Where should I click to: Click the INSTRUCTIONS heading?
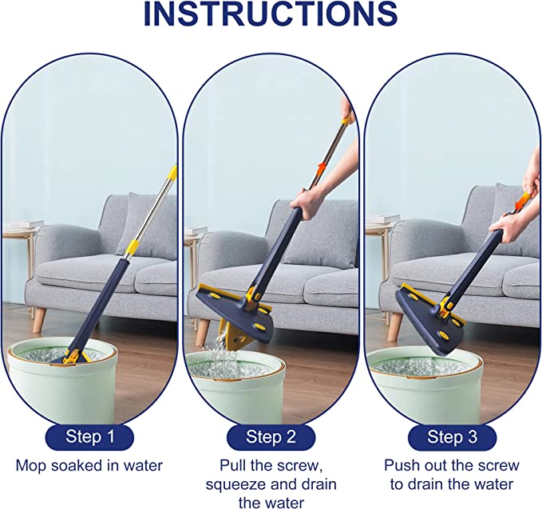[x=271, y=14]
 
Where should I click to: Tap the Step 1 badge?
[x=89, y=436]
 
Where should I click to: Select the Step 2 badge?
[x=271, y=437]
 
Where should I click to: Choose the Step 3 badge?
[x=452, y=437]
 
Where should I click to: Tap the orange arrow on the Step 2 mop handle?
[x=322, y=170]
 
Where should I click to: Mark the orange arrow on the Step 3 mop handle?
[x=520, y=203]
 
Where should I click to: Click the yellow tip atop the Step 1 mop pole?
[x=172, y=174]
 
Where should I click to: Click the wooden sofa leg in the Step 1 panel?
[x=39, y=320]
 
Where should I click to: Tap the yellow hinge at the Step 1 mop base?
[x=73, y=357]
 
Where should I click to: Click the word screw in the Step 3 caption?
[x=498, y=465]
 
